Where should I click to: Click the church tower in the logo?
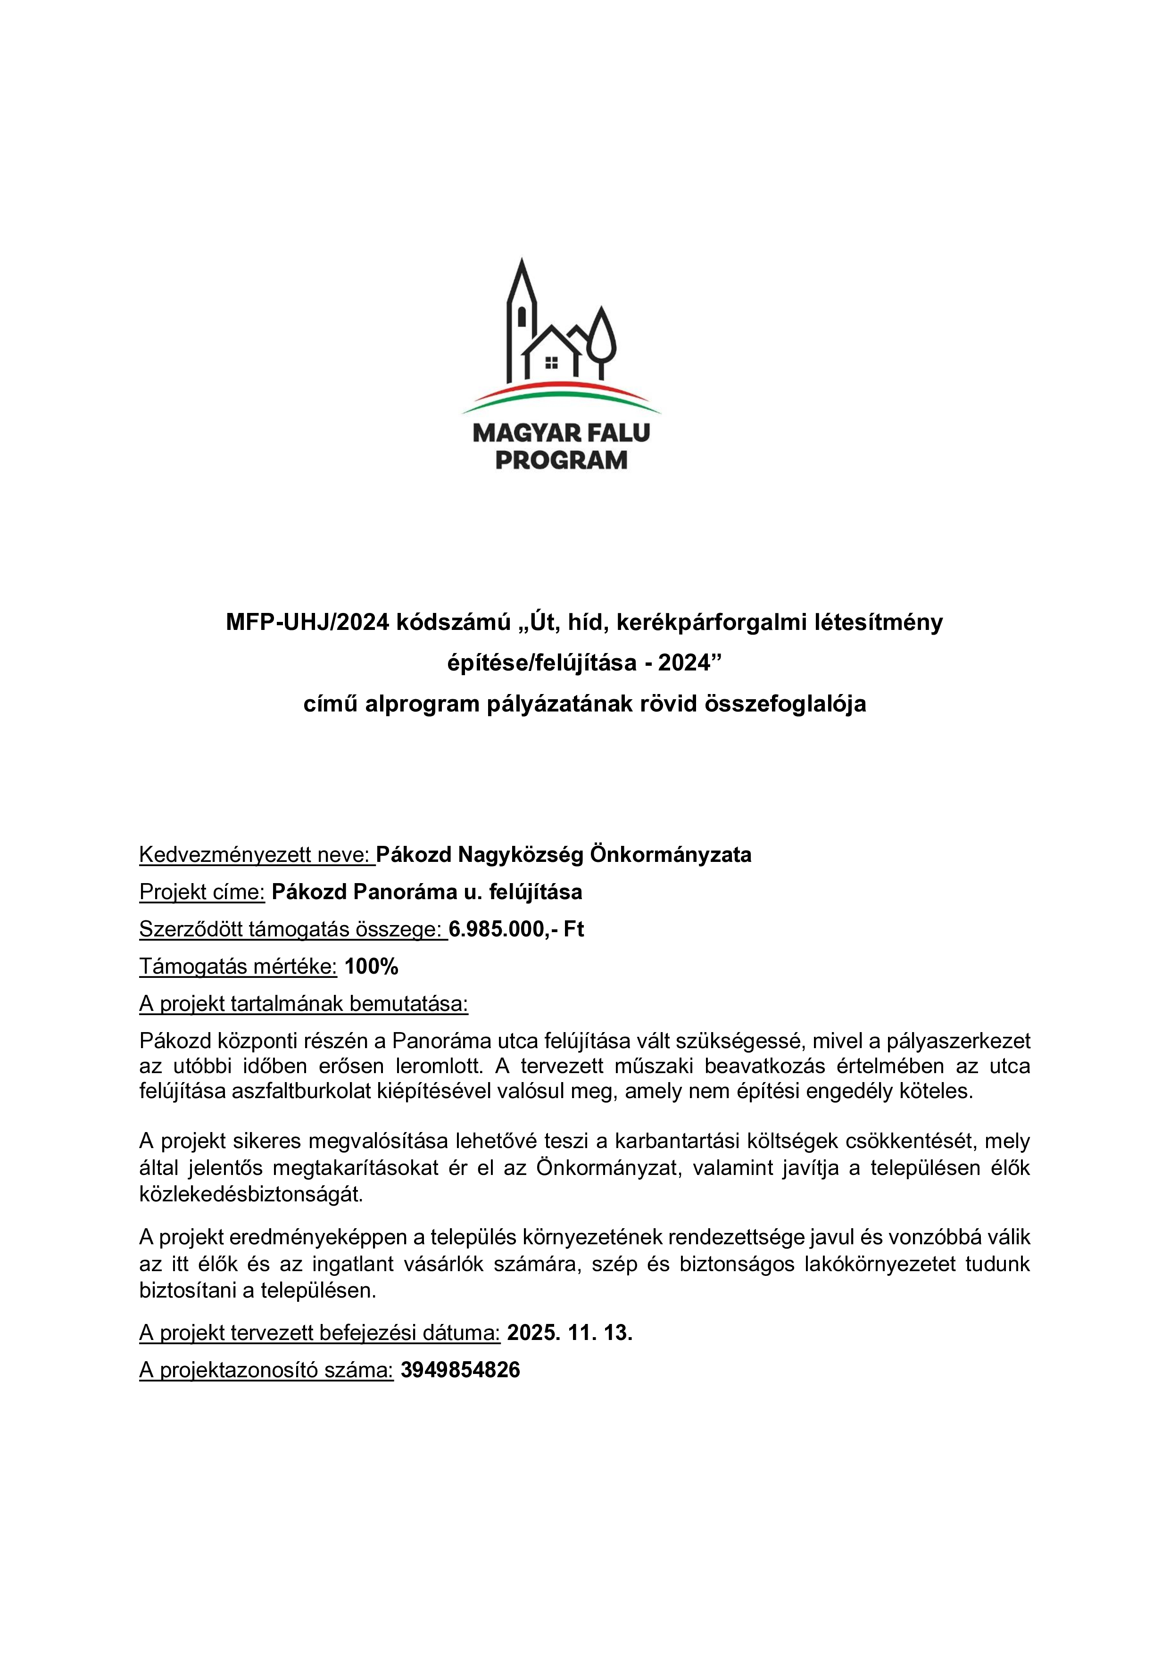point(522,317)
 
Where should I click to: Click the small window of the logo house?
point(552,363)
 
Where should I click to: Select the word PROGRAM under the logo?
point(561,460)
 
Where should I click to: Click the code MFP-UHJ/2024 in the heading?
point(307,622)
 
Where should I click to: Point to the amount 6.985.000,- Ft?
point(516,929)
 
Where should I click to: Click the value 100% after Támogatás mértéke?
point(372,966)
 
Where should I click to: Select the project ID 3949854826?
point(460,1369)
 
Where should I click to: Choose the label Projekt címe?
point(202,892)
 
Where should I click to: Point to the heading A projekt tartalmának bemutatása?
point(303,1003)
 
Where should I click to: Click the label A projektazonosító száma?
point(266,1369)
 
